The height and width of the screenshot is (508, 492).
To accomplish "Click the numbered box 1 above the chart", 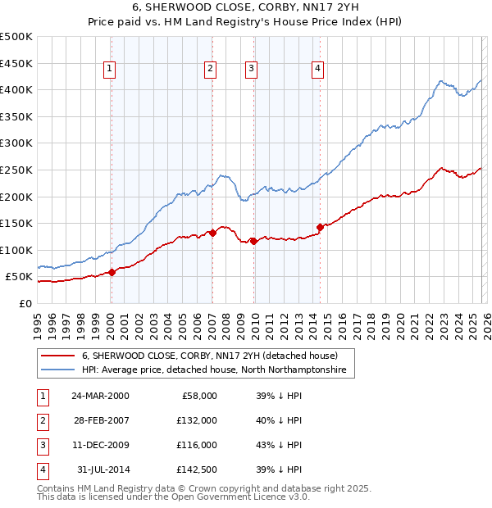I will (x=110, y=70).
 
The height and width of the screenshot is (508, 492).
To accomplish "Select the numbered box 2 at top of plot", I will (x=211, y=70).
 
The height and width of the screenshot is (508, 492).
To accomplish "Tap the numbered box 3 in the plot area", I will (x=251, y=70).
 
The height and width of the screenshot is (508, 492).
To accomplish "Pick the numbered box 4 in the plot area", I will (x=317, y=70).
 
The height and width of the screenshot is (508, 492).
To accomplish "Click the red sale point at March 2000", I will (x=112, y=273).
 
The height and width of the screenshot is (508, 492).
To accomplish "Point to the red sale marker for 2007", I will (x=212, y=233).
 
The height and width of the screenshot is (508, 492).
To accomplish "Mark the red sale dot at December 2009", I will (x=253, y=241).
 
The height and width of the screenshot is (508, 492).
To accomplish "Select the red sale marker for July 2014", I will (x=320, y=227).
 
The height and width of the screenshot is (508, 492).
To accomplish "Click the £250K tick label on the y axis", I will (x=16, y=170).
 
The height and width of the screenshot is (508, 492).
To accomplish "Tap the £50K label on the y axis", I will (x=19, y=277).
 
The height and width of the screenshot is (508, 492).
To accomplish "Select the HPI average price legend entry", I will (x=214, y=370).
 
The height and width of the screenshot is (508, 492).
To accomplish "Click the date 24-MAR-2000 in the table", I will (x=100, y=395).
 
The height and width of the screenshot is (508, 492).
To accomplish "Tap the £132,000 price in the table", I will (x=197, y=420).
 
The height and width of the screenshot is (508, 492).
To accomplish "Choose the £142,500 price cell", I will (x=197, y=470).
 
